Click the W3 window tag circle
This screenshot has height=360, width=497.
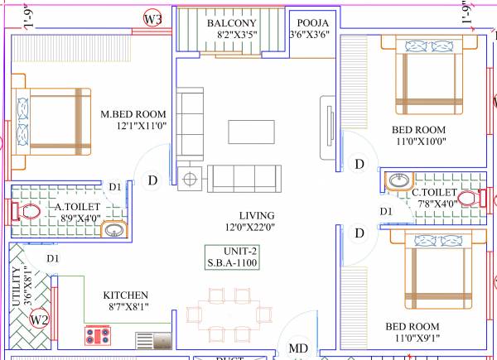click(x=152, y=19)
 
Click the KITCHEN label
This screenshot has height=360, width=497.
click(x=125, y=295)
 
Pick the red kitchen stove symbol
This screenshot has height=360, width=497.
click(x=99, y=336)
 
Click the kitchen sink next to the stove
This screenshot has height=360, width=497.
click(x=152, y=338)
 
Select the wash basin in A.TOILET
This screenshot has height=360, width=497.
click(x=112, y=231)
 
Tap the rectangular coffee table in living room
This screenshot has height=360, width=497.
click(x=252, y=131)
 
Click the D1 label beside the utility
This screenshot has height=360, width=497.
click(x=52, y=259)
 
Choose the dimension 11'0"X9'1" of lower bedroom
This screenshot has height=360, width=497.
click(x=418, y=338)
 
